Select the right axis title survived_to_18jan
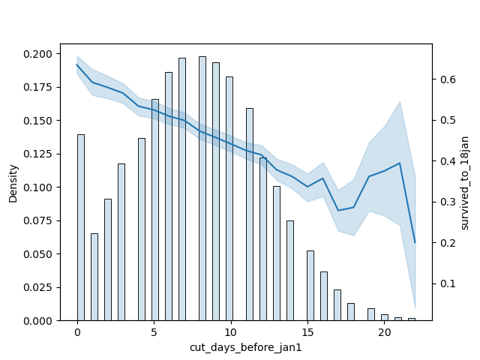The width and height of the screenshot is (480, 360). tap(465, 183)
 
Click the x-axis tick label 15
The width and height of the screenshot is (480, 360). tap(307, 332)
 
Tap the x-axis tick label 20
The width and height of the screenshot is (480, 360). tap(385, 332)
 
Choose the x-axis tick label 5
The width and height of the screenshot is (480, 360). tap(154, 332)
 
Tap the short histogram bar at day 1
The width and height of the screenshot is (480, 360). tap(94, 277)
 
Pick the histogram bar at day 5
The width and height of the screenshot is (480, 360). tap(154, 210)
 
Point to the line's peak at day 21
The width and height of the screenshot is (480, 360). tap(400, 163)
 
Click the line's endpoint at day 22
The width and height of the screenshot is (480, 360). tap(415, 242)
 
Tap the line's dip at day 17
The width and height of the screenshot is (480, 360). tap(338, 210)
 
